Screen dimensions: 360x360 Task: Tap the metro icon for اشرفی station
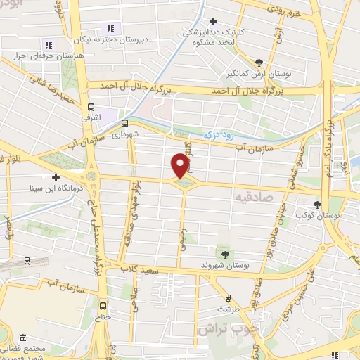(91, 107)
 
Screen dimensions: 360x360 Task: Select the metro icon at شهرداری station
(124, 121)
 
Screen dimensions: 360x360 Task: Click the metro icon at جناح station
(103, 306)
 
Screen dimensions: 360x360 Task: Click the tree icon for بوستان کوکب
(318, 205)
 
